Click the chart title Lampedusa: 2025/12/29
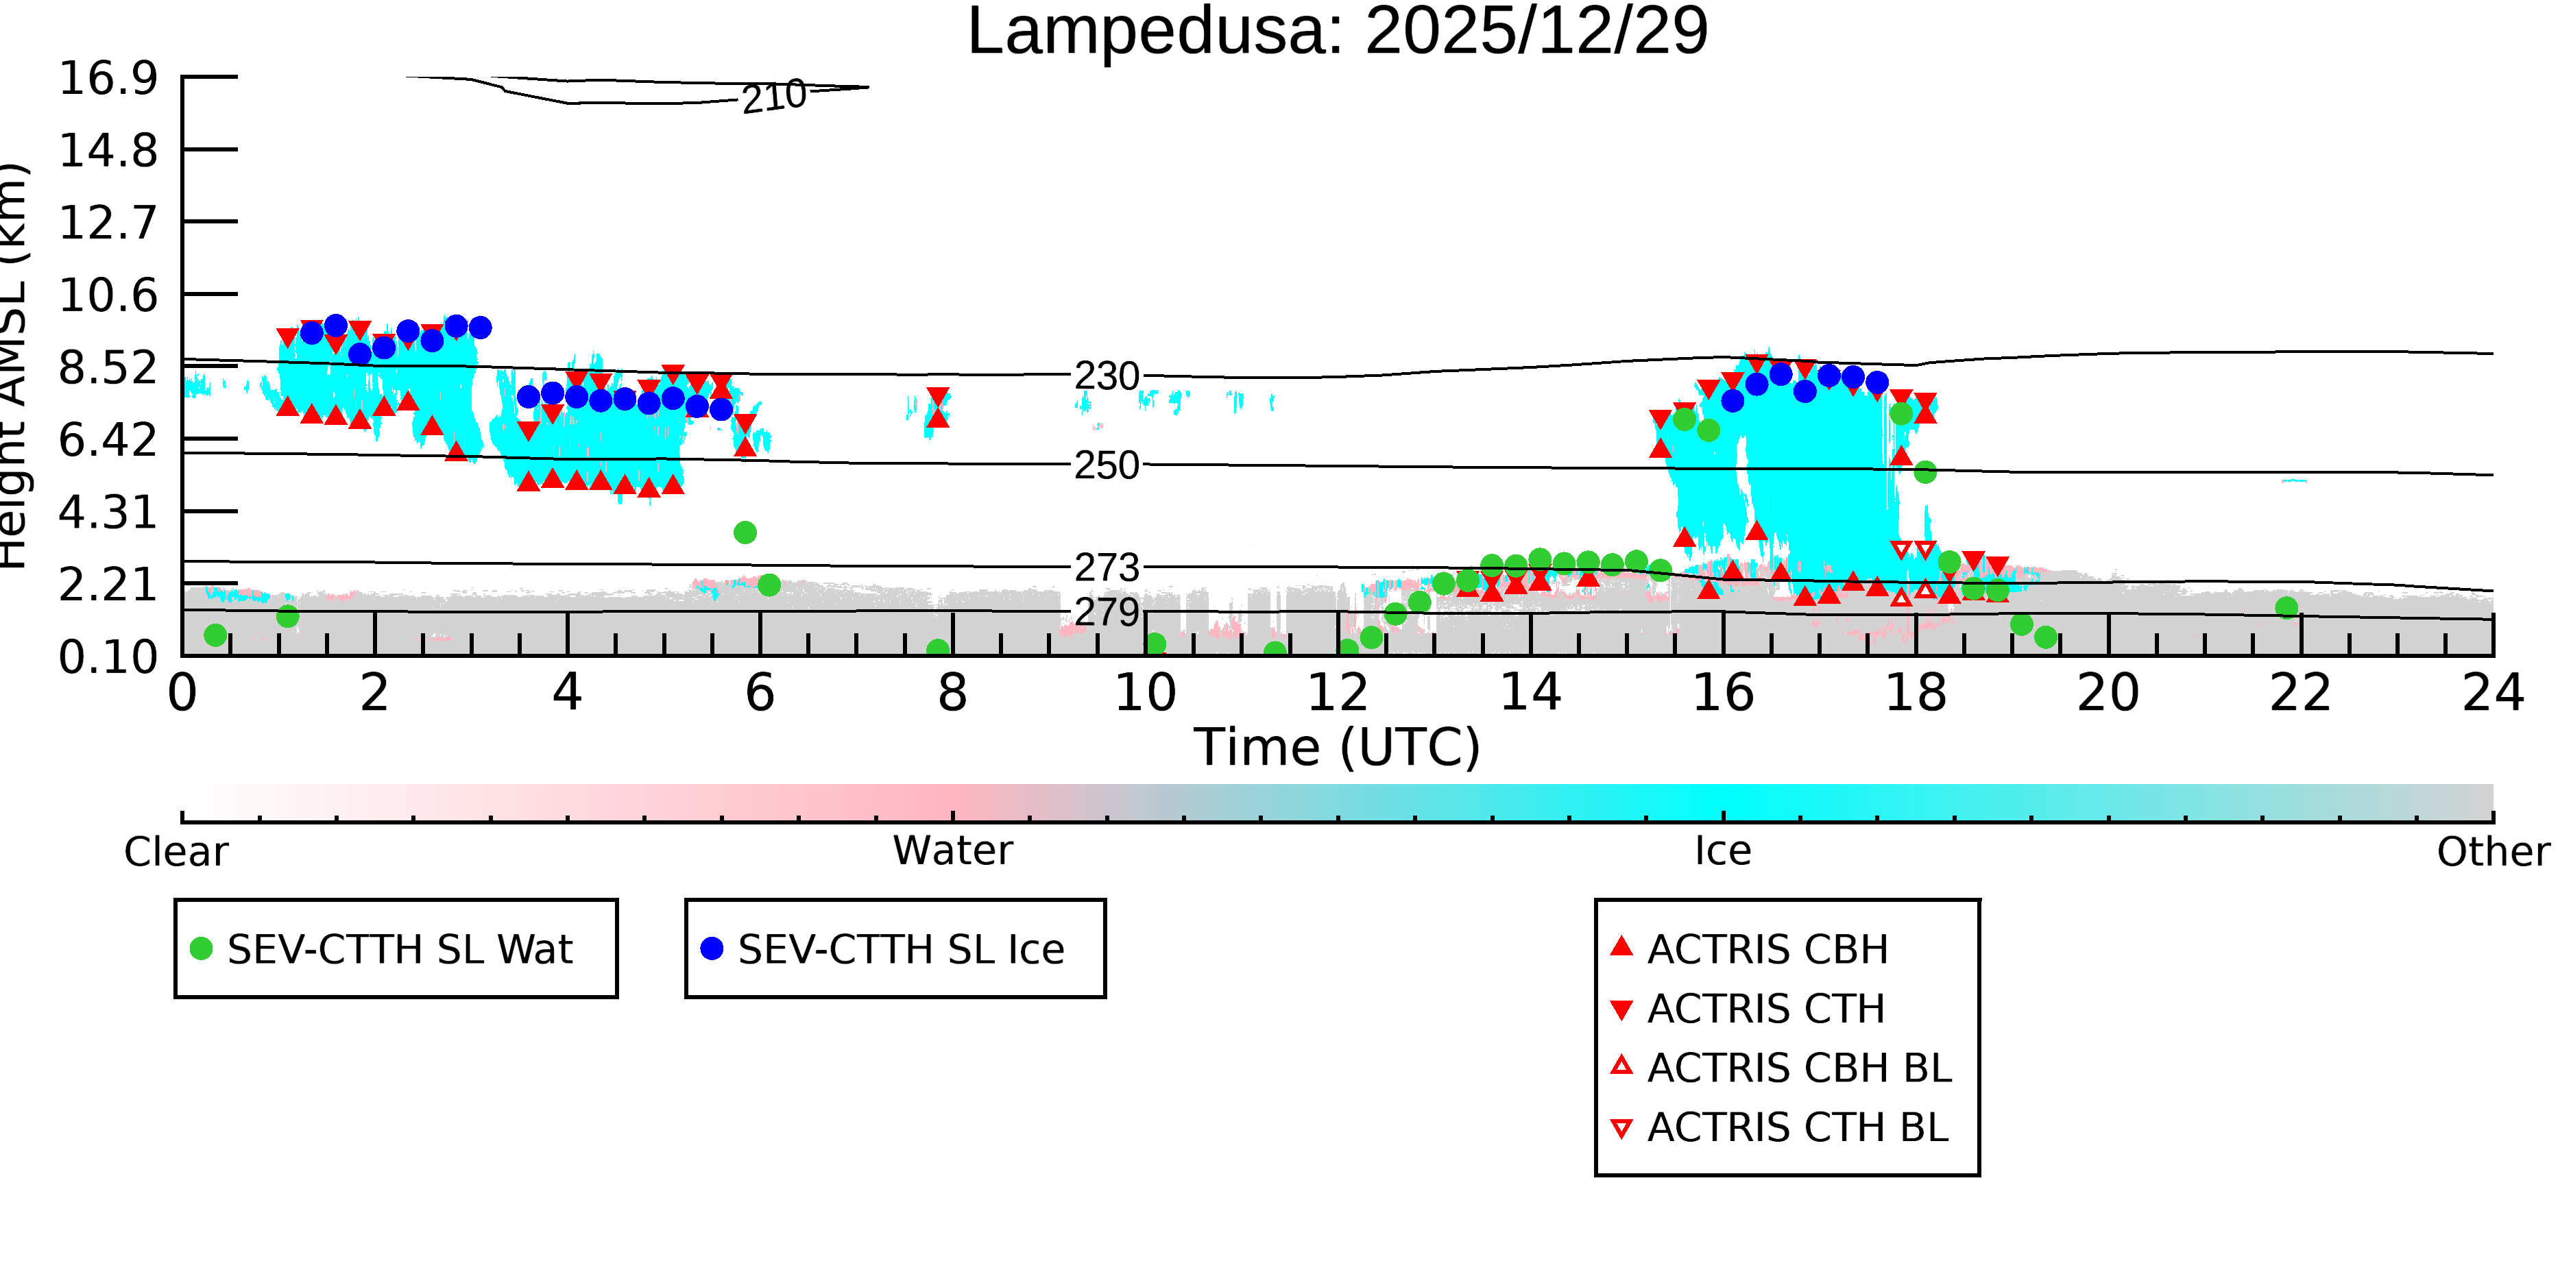pyautogui.click(x=1338, y=32)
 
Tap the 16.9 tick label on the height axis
pyautogui.click(x=108, y=78)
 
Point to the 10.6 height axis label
pyautogui.click(x=108, y=295)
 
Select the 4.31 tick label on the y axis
pyautogui.click(x=108, y=512)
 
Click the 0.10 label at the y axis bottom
pyautogui.click(x=108, y=657)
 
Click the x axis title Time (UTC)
pyautogui.click(x=1338, y=747)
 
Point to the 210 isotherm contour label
pyautogui.click(x=773, y=97)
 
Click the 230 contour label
pyautogui.click(x=1107, y=376)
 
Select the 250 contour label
pyautogui.click(x=1107, y=465)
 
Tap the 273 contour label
pyautogui.click(x=1107, y=567)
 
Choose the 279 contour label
pyautogui.click(x=1107, y=611)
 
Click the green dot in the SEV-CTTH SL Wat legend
pyautogui.click(x=202, y=948)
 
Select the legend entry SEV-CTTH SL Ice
pyautogui.click(x=883, y=949)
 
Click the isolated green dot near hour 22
pyautogui.click(x=2286, y=608)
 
